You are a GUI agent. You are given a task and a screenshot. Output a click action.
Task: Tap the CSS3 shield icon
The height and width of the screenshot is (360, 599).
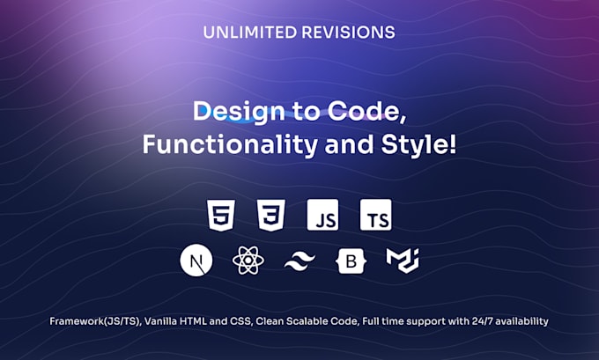(270, 215)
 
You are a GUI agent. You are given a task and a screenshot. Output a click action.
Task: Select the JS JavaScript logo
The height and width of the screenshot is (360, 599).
(322, 215)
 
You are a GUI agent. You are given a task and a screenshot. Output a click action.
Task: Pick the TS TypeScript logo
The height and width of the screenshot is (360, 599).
(375, 215)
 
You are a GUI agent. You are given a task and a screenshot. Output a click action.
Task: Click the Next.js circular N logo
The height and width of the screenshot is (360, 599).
(196, 261)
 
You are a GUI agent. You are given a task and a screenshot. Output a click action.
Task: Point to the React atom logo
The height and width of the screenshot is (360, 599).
(247, 261)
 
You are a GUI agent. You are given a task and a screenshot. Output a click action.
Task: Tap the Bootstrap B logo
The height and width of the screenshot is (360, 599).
(350, 261)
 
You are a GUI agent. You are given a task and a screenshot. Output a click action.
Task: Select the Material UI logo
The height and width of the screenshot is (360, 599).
(402, 260)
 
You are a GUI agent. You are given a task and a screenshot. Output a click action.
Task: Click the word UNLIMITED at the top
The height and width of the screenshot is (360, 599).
(248, 33)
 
